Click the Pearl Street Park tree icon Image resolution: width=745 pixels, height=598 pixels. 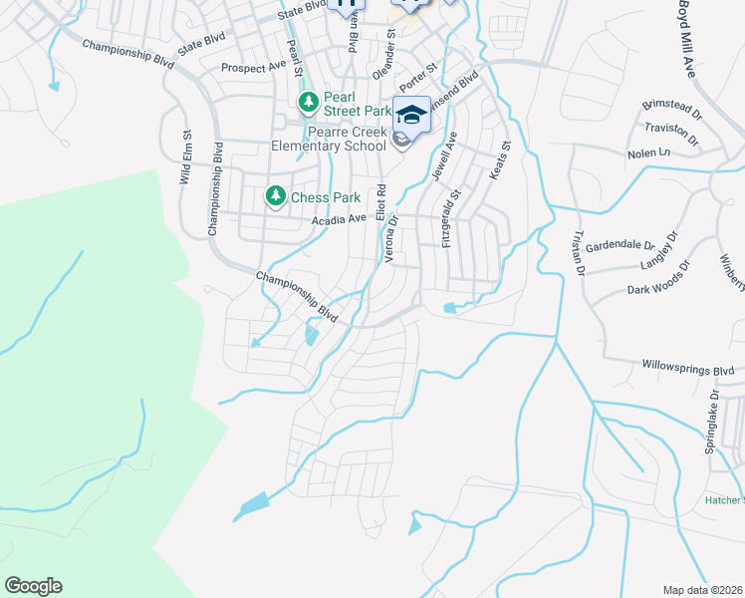(x=309, y=102)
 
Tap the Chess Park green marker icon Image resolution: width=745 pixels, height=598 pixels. (x=274, y=197)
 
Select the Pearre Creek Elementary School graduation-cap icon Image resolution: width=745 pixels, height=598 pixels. (x=411, y=113)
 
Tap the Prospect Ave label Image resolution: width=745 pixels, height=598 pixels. (x=253, y=68)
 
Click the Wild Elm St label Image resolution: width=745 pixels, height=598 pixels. (x=185, y=157)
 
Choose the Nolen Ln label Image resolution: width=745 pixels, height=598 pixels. (x=649, y=153)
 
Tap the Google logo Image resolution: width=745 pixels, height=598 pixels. (x=33, y=586)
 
